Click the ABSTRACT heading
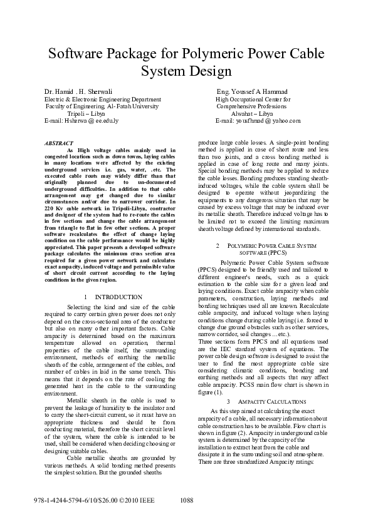click(x=59, y=143)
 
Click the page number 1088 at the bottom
click(x=187, y=501)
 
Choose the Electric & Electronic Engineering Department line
click(x=102, y=99)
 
